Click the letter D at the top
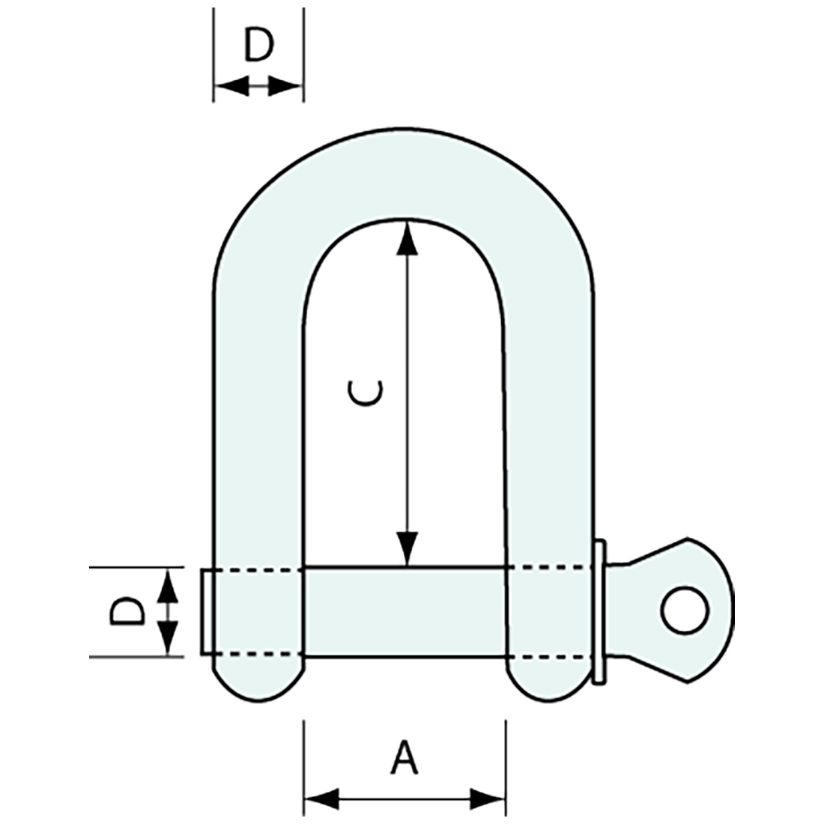coord(259,46)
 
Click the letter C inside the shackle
coord(367,393)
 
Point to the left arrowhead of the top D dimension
coord(231,87)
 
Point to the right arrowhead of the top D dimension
coord(285,87)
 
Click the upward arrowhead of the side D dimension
coord(169,587)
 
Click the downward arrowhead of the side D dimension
coord(169,638)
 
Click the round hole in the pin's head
coord(685,611)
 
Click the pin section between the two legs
coord(405,612)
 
